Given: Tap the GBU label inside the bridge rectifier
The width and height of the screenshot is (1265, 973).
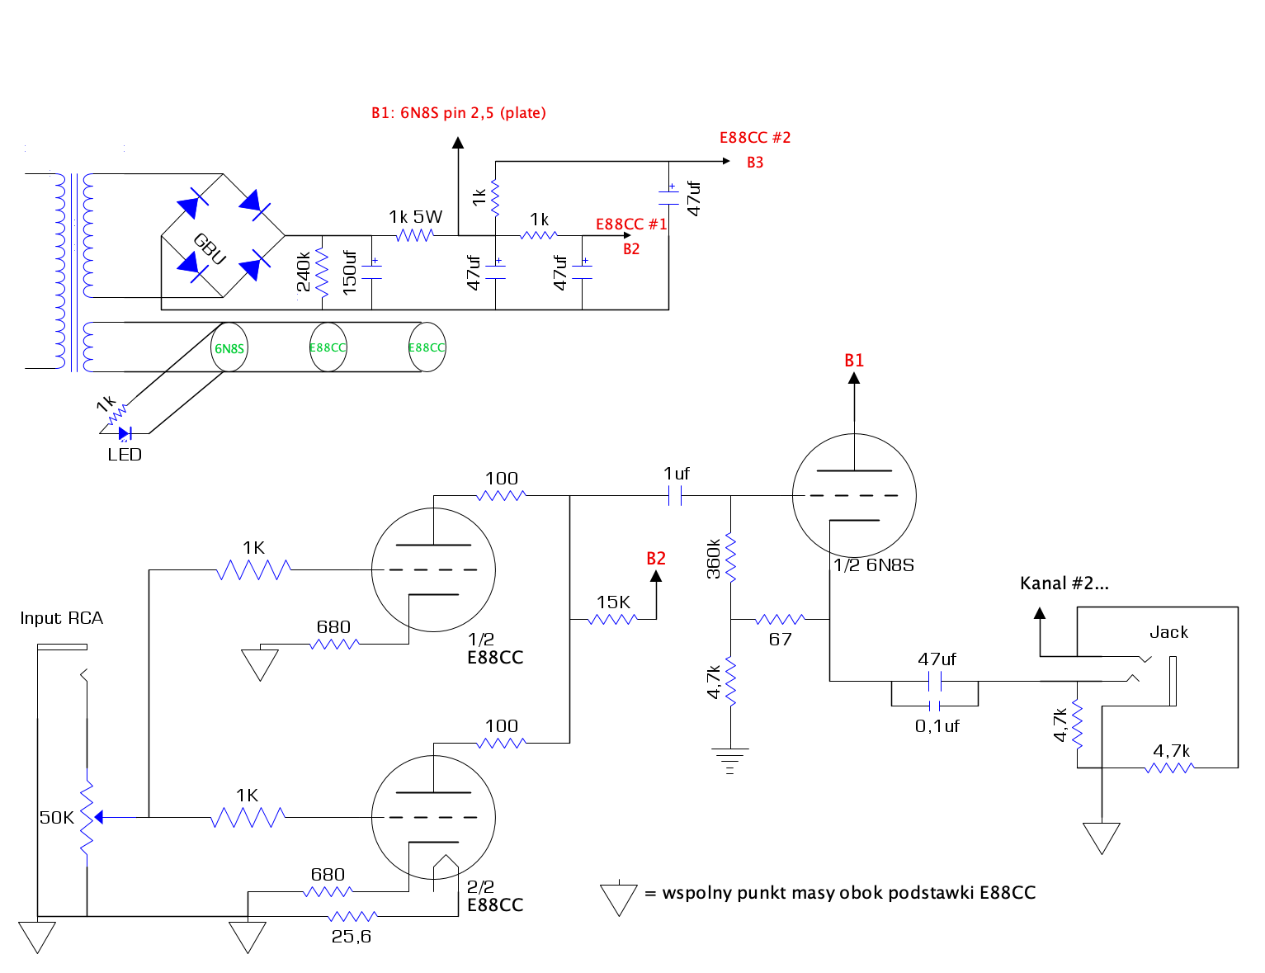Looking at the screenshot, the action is coord(210,248).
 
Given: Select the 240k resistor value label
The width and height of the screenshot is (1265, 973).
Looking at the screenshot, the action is coord(304,272).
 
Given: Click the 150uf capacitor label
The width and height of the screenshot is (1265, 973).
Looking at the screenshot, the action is coord(349,272).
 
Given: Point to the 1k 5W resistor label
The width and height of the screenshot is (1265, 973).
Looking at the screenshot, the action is coord(415,217).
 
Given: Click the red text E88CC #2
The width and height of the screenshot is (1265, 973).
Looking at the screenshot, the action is coord(755,138).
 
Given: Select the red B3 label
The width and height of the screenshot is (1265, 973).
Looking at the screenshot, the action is coord(755,163).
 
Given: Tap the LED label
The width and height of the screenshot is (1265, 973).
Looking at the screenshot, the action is coord(125,455).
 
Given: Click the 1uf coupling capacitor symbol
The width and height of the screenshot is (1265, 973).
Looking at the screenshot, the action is coord(675,496).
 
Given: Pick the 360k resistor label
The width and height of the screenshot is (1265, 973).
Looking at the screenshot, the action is coord(713,560).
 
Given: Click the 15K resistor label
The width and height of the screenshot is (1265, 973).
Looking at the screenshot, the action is coord(613,602).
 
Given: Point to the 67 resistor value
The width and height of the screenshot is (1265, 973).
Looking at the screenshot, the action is coord(780,640).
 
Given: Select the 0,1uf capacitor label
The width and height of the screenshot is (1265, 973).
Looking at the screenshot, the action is coord(937,726).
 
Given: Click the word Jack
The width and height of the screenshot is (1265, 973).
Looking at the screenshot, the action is coord(1168,632).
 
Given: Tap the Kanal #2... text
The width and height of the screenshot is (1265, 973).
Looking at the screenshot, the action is coord(1064,583).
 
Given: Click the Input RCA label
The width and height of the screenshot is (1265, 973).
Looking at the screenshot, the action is coord(62,618).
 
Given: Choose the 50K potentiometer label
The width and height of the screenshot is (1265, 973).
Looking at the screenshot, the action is coord(56,818).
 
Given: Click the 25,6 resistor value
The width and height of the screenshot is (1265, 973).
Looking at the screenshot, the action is coord(351,937).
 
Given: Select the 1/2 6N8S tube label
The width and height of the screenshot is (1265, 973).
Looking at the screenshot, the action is coord(874,565).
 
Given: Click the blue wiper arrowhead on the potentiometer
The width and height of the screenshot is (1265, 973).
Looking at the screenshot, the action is coord(99,818).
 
